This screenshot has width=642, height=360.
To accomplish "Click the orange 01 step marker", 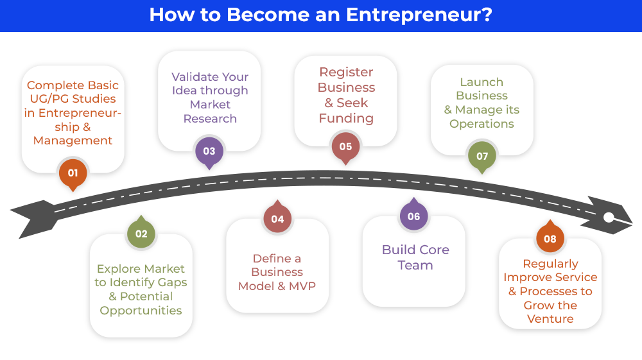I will click(73, 173).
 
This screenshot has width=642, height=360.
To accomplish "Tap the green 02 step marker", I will click(141, 234).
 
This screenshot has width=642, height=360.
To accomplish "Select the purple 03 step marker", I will click(209, 151).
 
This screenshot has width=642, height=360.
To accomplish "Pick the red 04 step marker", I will click(277, 219).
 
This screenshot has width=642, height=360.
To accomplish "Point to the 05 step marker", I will click(345, 146).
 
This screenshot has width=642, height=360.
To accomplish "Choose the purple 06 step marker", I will click(413, 216).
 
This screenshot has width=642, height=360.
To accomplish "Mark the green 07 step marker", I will click(481, 156).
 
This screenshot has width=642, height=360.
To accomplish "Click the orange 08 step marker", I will click(550, 239).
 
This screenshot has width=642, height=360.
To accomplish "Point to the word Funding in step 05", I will click(346, 118).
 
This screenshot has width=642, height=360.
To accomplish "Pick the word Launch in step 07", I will click(481, 82).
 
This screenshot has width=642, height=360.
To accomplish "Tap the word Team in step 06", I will click(415, 265).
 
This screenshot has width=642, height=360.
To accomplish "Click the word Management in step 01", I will click(73, 141).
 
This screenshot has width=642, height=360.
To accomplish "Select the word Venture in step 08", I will click(550, 319).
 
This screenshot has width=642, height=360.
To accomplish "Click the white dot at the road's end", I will click(609, 218).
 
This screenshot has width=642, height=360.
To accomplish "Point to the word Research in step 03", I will click(210, 119).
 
